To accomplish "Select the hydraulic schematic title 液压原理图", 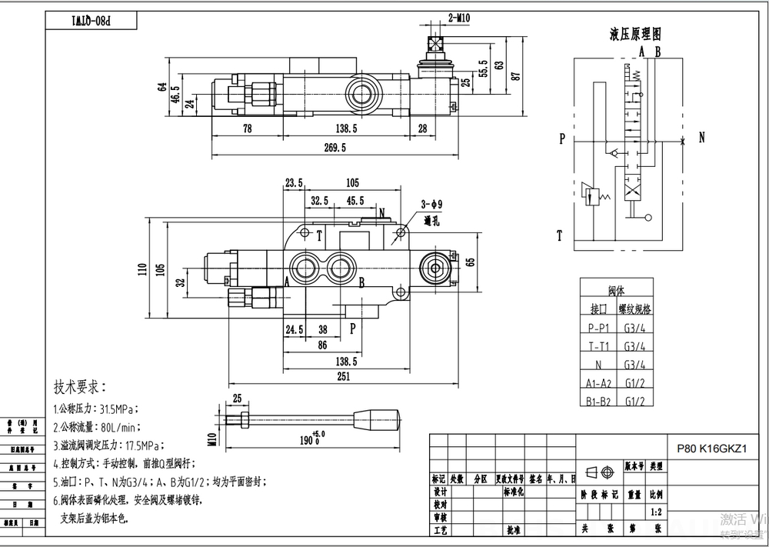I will pyautogui.click(x=635, y=35).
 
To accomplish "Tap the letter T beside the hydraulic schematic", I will pyautogui.click(x=561, y=235).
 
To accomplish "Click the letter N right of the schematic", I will pyautogui.click(x=701, y=138).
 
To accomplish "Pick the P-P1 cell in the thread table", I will pyautogui.click(x=599, y=326).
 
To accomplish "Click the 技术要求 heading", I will pyautogui.click(x=79, y=386).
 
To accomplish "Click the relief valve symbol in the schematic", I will pyautogui.click(x=592, y=195).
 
